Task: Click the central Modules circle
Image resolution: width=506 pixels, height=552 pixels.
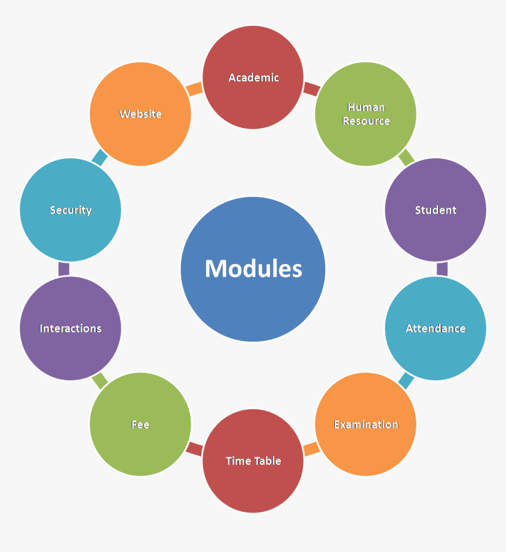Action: coord(253,269)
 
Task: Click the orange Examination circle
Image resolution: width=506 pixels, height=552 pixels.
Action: coord(365,424)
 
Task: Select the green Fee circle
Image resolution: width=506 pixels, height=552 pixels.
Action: coord(141,424)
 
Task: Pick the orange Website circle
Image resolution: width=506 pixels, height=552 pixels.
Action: coord(141,114)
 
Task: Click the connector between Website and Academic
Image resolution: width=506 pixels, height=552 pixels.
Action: coord(195,89)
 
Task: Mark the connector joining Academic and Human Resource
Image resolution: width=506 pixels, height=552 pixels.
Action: coord(311,89)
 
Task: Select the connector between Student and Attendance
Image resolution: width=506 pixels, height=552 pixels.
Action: coord(442,269)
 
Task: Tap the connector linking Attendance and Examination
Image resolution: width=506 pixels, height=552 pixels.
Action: coord(405,381)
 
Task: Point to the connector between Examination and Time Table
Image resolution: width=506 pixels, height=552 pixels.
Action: coord(311,449)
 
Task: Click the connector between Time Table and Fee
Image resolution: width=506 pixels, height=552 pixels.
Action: coord(195,449)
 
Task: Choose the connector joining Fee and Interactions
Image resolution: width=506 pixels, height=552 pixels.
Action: coord(101,381)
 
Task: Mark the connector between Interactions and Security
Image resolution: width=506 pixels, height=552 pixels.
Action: coord(64,269)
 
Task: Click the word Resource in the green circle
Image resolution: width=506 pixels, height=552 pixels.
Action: coord(366,121)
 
